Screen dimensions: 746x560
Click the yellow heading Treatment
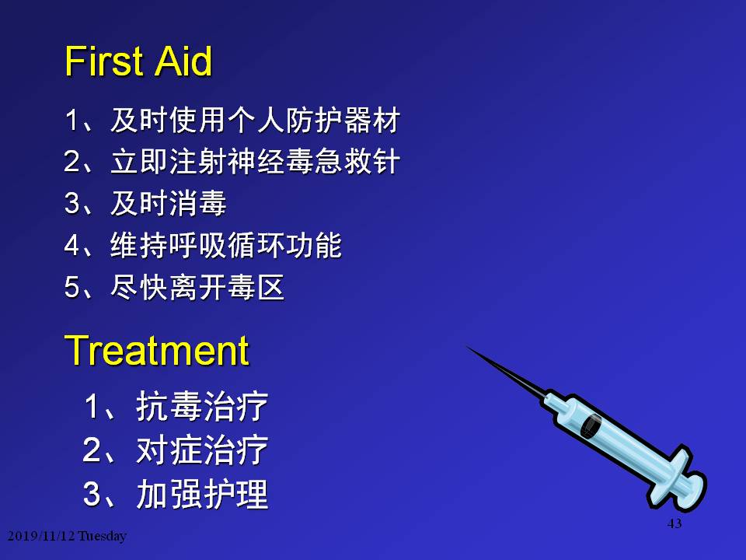pos(156,351)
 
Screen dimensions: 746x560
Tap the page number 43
pos(675,523)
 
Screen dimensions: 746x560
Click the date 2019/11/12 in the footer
pos(41,536)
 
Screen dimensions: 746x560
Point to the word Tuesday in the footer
pos(103,536)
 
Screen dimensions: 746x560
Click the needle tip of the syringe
pos(468,347)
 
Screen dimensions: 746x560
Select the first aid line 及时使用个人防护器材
pos(255,120)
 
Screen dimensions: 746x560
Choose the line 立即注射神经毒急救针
pos(255,162)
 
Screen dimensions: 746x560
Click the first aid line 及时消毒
pos(169,203)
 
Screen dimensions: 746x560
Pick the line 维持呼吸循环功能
pos(226,245)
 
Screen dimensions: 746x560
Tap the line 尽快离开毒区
pos(197,287)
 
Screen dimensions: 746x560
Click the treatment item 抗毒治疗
pos(202,407)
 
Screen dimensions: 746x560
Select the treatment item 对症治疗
pos(202,450)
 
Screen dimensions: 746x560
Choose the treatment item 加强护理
pos(202,494)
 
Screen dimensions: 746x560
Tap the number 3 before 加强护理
pos(92,494)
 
